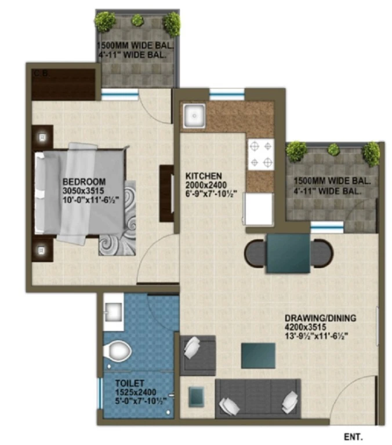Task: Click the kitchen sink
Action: coord(194,116)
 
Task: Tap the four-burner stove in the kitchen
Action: coord(261,154)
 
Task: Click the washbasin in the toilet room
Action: coord(114,312)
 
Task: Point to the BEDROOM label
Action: coord(84,181)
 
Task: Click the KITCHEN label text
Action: coord(204,176)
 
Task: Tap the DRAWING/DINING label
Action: coord(321,318)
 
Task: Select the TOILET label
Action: coord(129,383)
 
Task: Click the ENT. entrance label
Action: coord(353,436)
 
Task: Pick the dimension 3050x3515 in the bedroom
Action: coord(84,191)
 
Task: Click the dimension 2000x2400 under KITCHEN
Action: coord(206,185)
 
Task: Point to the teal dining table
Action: coord(288,253)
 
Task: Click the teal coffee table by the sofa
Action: coord(258,356)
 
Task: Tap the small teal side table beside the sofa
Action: coord(196,396)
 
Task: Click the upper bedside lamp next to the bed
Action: coord(42,137)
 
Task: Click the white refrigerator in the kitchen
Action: coord(259,209)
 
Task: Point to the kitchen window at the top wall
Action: coord(227,94)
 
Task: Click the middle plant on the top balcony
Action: coord(137,20)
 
